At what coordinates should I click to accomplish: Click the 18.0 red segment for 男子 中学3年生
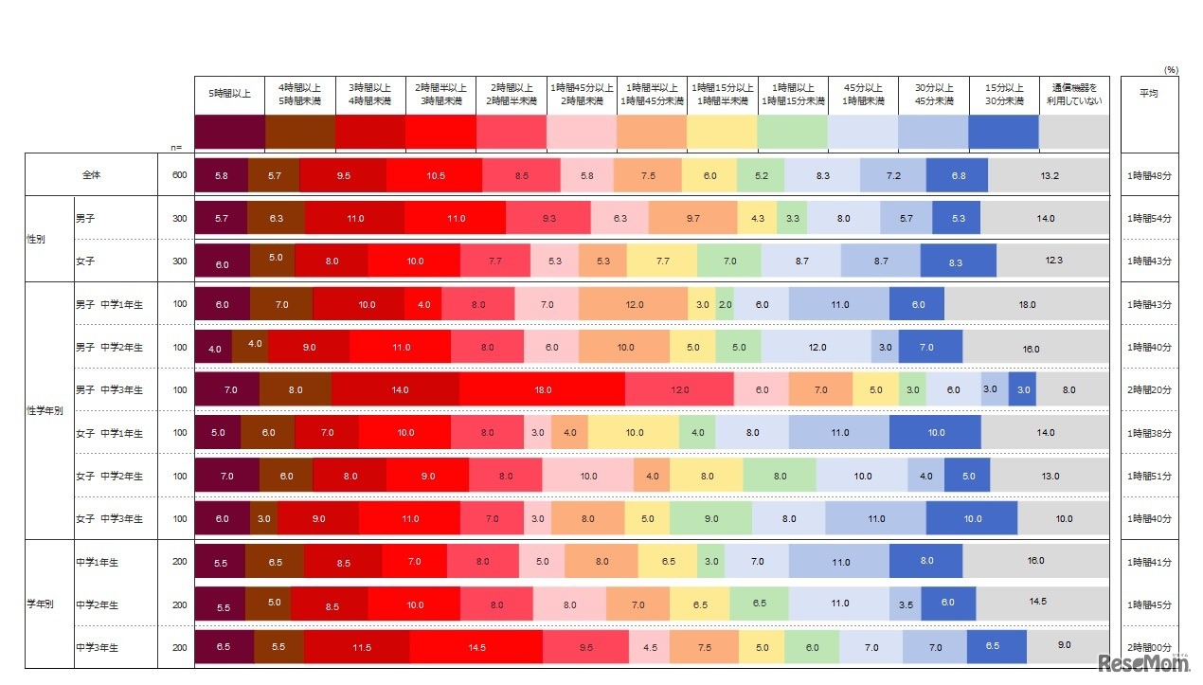pos(542,389)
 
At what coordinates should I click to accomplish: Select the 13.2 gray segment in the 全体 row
pos(1049,175)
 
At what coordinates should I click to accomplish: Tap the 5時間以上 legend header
pos(229,94)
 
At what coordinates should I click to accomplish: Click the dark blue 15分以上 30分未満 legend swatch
pos(1003,132)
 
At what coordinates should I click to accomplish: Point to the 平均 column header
pos(1148,94)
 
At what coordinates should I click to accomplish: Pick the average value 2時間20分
pos(1148,389)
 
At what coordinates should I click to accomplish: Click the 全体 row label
pos(92,175)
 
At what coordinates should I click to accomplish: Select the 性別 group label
pos(37,240)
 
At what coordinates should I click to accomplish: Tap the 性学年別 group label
pos(45,411)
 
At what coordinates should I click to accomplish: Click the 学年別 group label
pos(40,604)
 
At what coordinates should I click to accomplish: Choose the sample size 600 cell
pos(179,175)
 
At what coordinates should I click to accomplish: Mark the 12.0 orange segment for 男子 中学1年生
pos(633,304)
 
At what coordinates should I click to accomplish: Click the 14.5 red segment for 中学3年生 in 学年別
pos(476,647)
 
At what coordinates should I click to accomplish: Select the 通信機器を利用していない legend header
pos(1073,94)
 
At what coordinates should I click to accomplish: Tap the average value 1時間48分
pos(1148,175)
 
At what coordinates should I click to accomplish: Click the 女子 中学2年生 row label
pos(109,476)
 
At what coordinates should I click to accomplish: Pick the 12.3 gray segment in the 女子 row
pos(1051,261)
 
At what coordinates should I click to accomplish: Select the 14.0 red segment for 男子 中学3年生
pos(395,389)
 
